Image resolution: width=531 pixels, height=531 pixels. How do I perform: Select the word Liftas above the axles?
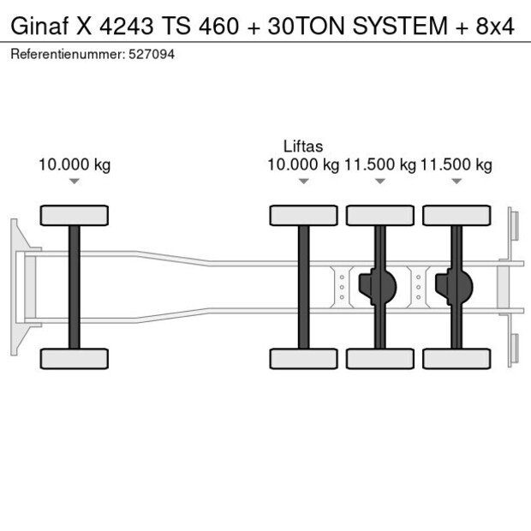pyautogui.click(x=303, y=146)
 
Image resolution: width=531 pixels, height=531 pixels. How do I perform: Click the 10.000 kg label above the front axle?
pyautogui.click(x=75, y=164)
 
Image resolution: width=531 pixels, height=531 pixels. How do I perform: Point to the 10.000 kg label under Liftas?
pyautogui.click(x=303, y=164)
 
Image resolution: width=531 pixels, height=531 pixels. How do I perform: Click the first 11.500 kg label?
pyautogui.click(x=379, y=164)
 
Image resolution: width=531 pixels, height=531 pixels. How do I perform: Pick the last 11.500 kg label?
pyautogui.click(x=456, y=164)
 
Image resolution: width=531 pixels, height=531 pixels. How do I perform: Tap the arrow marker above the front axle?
pyautogui.click(x=75, y=181)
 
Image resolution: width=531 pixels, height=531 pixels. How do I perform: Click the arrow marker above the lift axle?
pyautogui.click(x=303, y=181)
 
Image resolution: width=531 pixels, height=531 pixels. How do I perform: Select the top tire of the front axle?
pyautogui.click(x=75, y=215)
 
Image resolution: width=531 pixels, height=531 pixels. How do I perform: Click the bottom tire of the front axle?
pyautogui.click(x=75, y=358)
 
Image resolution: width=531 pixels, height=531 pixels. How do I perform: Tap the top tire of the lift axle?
pyautogui.click(x=303, y=215)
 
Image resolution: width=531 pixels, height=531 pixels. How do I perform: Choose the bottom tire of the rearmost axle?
pyautogui.click(x=456, y=358)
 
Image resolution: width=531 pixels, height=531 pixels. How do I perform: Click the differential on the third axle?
pyautogui.click(x=377, y=287)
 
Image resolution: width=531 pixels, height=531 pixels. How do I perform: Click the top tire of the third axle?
pyautogui.click(x=379, y=215)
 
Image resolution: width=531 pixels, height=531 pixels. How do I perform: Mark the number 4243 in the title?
pyautogui.click(x=128, y=27)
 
